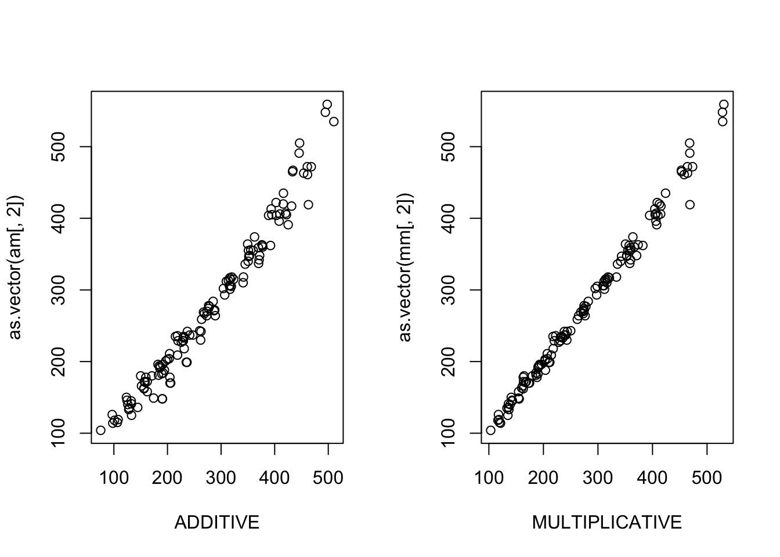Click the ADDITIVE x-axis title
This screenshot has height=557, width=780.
tap(216, 523)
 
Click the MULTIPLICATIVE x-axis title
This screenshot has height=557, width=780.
tap(606, 523)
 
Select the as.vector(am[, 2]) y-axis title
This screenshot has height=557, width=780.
tap(16, 266)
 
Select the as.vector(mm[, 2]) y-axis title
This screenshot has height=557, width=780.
tap(406, 266)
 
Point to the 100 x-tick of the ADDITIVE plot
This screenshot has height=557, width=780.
tap(114, 478)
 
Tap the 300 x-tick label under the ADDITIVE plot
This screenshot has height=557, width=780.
tap(221, 478)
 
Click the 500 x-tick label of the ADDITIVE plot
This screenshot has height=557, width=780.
tap(328, 478)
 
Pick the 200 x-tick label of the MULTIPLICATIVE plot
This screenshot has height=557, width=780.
tap(543, 478)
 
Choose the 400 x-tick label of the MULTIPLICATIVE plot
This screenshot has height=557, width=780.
tap(652, 478)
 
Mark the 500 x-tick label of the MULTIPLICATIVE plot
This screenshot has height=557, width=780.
tap(707, 478)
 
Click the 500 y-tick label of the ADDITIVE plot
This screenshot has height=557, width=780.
tap(60, 147)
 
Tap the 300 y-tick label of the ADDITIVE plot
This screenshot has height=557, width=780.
tap(60, 290)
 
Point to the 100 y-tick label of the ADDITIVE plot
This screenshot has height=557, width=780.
tap(60, 433)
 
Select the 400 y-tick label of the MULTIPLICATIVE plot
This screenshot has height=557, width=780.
tap(450, 218)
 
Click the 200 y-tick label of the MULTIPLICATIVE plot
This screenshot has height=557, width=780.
tap(450, 361)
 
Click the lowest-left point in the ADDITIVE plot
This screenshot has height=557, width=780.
tap(100, 430)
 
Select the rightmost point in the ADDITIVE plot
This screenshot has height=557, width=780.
tap(334, 121)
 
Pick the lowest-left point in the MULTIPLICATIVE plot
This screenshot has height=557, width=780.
tap(490, 430)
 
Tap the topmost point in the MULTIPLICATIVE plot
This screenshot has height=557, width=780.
tap(724, 104)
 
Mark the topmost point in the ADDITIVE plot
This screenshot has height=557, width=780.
tap(327, 104)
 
